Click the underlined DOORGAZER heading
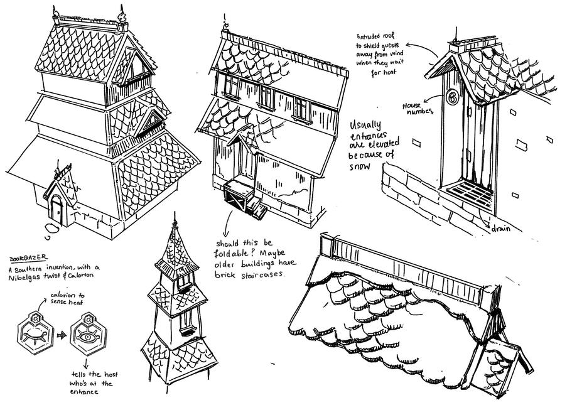(28, 258)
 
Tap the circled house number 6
(453, 97)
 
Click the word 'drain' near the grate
(501, 229)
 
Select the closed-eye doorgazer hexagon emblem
(35, 333)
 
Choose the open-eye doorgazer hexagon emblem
(89, 333)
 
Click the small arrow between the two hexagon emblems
(62, 335)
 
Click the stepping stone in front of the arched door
(52, 229)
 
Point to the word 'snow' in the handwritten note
(360, 166)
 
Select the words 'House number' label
(418, 109)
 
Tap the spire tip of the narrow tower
(175, 213)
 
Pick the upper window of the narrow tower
(184, 282)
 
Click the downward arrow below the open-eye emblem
(86, 364)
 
